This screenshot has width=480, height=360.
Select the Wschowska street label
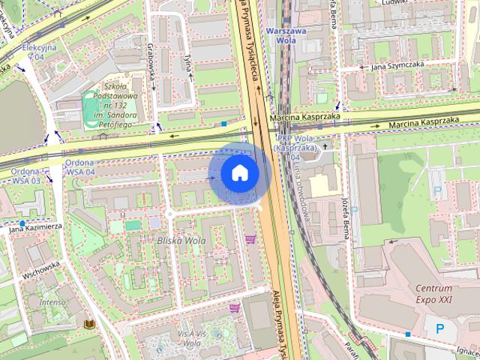[x=40, y=270]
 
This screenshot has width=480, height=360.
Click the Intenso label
[x=52, y=301]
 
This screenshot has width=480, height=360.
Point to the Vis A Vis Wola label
[x=191, y=337]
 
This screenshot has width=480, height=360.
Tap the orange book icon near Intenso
[x=88, y=324]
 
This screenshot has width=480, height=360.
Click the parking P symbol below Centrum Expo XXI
[x=439, y=328]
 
